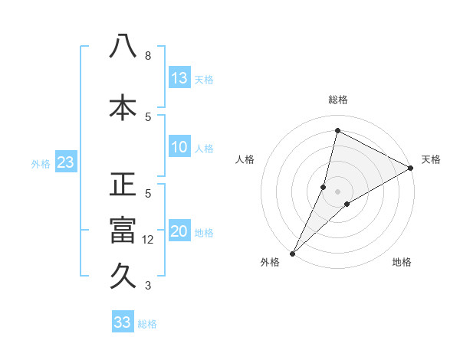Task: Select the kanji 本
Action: tap(123, 106)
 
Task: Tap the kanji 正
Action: tap(123, 185)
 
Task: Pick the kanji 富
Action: tap(123, 231)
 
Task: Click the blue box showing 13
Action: tap(179, 78)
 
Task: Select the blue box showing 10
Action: tap(179, 147)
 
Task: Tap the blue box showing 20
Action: tap(179, 232)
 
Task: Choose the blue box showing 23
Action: tap(65, 162)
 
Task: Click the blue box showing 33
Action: tap(123, 322)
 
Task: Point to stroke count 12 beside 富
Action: tap(149, 240)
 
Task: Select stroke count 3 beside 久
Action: tap(148, 286)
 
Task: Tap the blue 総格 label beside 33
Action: tap(147, 324)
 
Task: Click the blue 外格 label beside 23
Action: tap(41, 163)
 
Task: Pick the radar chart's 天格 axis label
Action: tap(431, 159)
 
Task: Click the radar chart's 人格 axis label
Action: tap(245, 159)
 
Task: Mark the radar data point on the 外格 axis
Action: tap(292, 253)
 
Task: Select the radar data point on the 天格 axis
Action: tap(411, 168)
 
